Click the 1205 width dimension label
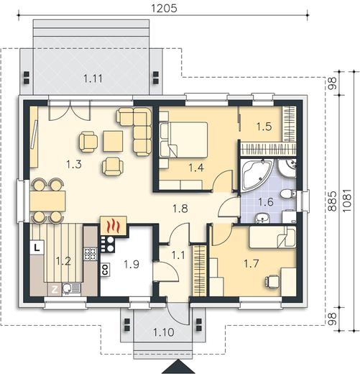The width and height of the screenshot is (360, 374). click(165, 8)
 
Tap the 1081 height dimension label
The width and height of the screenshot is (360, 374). click(347, 201)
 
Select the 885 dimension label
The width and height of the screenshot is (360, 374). click(332, 201)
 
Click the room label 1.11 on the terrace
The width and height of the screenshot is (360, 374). click(93, 78)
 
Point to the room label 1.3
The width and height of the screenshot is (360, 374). click(74, 164)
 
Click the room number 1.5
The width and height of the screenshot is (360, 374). click(264, 127)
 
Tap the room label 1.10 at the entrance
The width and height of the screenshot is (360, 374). click(164, 332)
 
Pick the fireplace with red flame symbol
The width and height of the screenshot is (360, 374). click(114, 226)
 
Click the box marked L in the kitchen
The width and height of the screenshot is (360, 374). click(37, 247)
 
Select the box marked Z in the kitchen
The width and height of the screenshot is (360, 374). click(55, 290)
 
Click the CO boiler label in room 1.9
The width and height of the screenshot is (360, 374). click(106, 270)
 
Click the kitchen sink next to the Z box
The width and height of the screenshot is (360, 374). click(72, 289)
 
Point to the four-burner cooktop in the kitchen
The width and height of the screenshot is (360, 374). click(91, 254)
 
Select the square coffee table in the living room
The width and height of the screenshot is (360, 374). click(113, 141)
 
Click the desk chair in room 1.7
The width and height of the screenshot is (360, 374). click(272, 281)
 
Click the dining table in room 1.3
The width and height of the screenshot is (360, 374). click(47, 201)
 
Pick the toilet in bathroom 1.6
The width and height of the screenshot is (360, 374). click(288, 193)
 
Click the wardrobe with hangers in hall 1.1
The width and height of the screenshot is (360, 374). click(200, 270)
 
